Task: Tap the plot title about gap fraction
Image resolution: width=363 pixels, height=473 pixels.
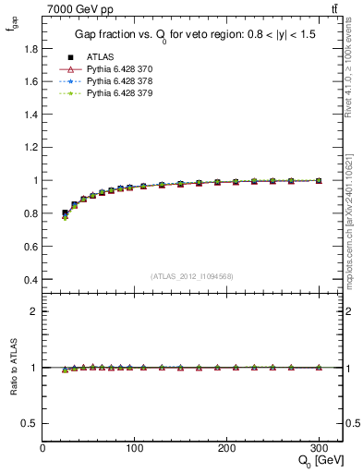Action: (194, 36)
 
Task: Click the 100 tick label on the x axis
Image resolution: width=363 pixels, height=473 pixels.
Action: (135, 448)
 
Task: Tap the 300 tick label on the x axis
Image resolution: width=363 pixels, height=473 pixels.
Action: (320, 448)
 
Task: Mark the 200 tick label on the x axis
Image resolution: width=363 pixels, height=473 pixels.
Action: (227, 448)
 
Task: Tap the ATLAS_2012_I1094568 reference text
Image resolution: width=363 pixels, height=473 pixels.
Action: (192, 276)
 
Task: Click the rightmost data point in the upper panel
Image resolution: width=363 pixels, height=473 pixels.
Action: (319, 181)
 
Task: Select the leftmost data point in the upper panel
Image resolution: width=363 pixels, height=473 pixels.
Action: (65, 214)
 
